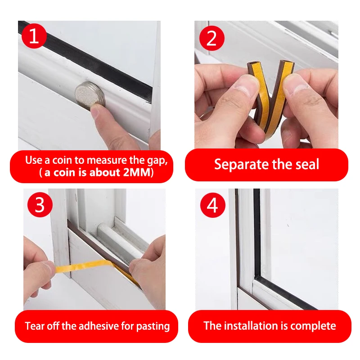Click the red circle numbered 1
tap(34, 36)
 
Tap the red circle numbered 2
tap(211, 38)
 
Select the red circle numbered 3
tap(40, 205)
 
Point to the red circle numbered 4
tap(212, 205)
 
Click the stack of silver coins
tap(90, 94)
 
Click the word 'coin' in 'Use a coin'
tap(62, 160)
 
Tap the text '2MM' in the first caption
tap(136, 172)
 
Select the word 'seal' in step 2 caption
tap(307, 164)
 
